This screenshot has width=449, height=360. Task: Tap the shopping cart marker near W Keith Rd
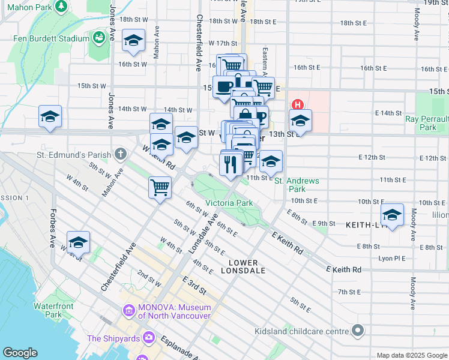(160, 187)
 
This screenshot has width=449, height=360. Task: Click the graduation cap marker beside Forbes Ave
(78, 242)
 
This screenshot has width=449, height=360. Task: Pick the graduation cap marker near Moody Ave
(393, 215)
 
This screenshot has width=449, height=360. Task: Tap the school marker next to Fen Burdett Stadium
(133, 40)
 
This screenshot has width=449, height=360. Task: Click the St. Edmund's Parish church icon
(121, 155)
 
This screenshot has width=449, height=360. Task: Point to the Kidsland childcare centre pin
(358, 331)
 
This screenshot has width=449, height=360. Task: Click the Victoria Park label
(229, 203)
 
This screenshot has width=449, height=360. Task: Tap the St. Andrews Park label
(297, 185)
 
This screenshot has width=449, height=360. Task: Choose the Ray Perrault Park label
(428, 123)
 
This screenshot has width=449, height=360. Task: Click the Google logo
(20, 353)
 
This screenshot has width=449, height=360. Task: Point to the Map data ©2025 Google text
(411, 355)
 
